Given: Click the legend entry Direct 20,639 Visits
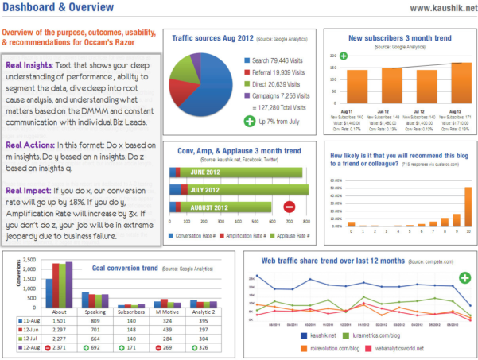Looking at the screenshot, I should point(274,83).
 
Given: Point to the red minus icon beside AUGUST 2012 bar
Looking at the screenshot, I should point(289,207).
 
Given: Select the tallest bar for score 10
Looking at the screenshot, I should point(467,206).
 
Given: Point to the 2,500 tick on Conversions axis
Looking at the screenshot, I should point(27,260).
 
